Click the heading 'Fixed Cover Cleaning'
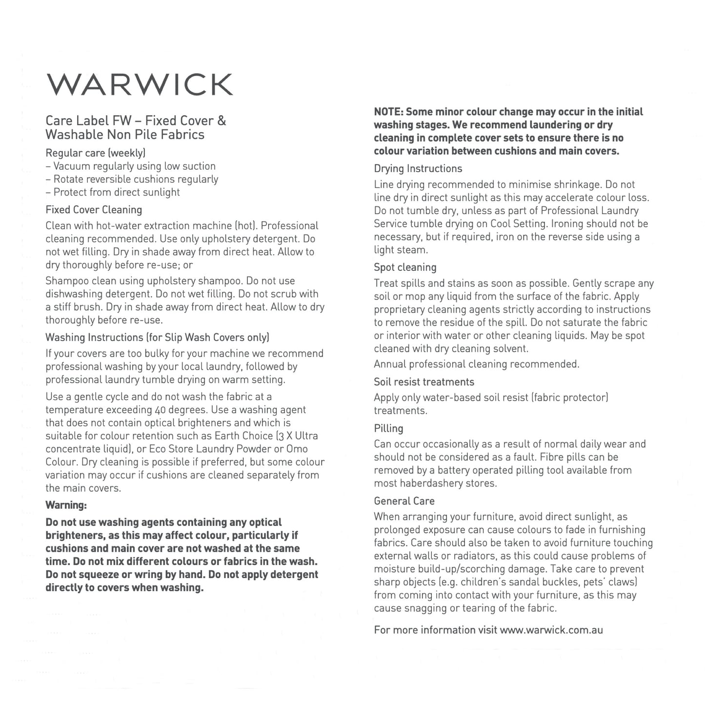point(94,210)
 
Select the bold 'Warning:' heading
point(66,504)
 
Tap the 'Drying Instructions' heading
point(418,169)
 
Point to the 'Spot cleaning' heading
point(405,267)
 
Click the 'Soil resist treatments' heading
point(423,382)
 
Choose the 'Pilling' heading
point(388,428)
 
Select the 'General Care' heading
point(404,501)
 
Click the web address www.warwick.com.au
point(551,630)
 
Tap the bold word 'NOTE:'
point(388,112)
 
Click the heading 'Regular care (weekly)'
point(95,153)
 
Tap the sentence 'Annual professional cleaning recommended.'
point(476,364)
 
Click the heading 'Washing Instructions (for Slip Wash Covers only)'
point(157,338)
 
